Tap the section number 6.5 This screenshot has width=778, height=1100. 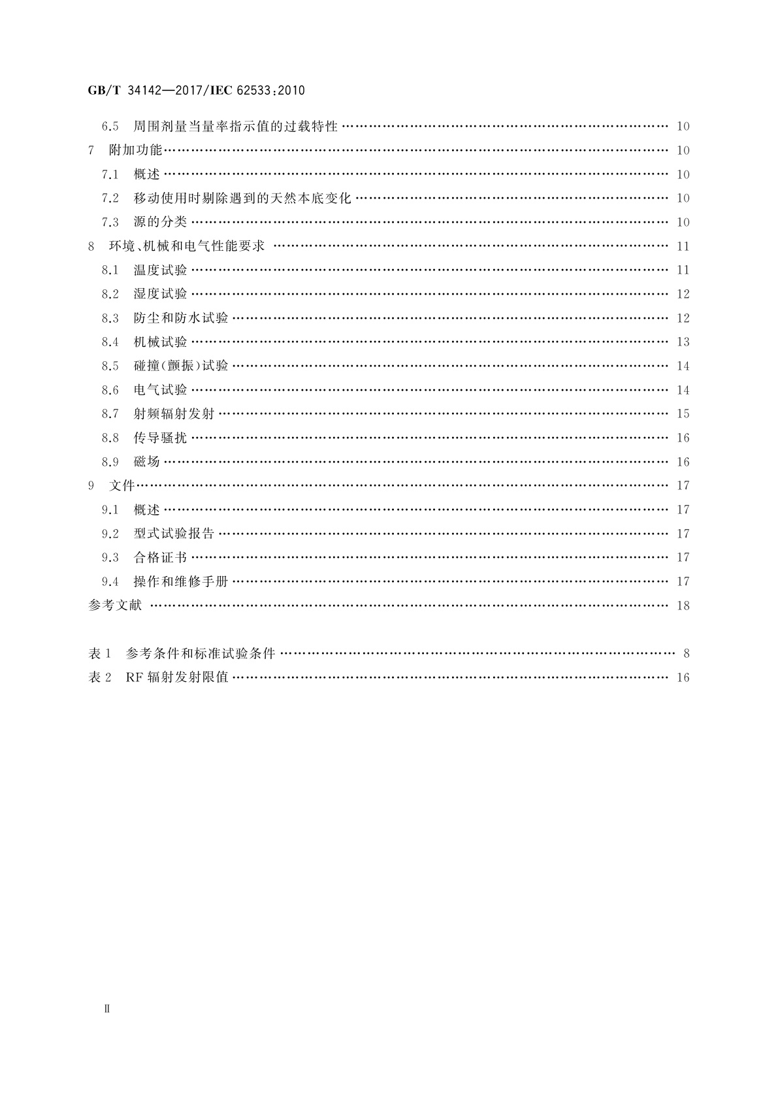(x=110, y=127)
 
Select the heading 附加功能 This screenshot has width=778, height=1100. (x=135, y=150)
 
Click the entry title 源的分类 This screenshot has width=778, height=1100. (x=160, y=222)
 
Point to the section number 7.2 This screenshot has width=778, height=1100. (x=110, y=199)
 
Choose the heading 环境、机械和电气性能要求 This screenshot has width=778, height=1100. (x=186, y=246)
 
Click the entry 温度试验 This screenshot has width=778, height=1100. (x=160, y=270)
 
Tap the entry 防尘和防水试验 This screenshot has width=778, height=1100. (x=181, y=318)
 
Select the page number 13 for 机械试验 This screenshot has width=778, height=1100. (x=683, y=342)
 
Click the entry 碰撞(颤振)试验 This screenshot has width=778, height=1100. (x=181, y=366)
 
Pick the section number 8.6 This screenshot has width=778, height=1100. (x=110, y=390)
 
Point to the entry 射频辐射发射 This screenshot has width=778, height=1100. (x=174, y=414)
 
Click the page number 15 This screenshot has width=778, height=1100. (x=683, y=414)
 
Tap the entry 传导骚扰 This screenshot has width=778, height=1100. (x=160, y=438)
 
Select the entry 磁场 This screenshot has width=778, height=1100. (x=147, y=462)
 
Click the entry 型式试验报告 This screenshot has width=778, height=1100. (x=174, y=534)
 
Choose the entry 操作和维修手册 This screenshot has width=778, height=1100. (x=181, y=581)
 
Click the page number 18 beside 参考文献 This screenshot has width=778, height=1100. (x=683, y=606)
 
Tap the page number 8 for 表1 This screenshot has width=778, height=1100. (x=686, y=653)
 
